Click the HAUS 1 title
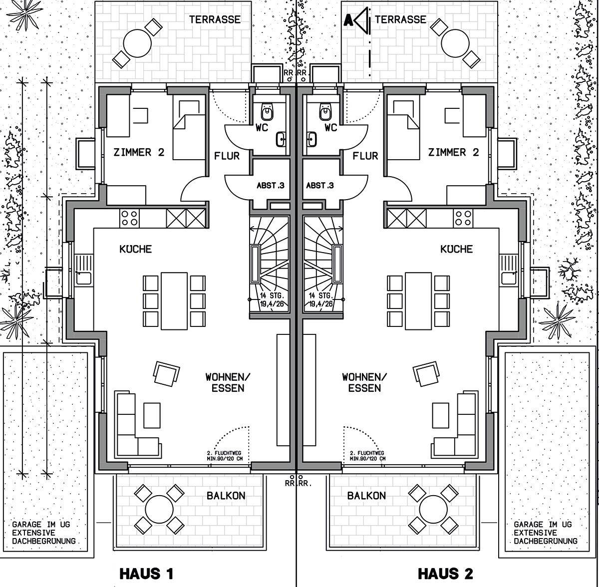click(146, 574)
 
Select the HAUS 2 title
click(445, 574)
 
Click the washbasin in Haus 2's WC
click(312, 139)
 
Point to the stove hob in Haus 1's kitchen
click(129, 218)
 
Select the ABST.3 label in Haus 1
click(271, 186)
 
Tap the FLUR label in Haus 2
click(365, 156)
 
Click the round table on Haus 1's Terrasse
click(137, 43)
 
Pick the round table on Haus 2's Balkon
click(433, 509)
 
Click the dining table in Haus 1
click(174, 301)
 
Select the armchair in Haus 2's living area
click(426, 373)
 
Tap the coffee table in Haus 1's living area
click(152, 415)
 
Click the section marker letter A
click(348, 20)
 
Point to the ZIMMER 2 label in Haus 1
click(139, 152)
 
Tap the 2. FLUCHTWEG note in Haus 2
click(367, 453)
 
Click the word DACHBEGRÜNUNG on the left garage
click(44, 541)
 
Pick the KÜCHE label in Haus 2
click(456, 249)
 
